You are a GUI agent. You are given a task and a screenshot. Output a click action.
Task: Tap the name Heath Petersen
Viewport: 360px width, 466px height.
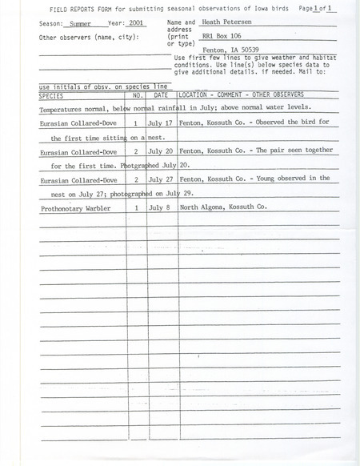218,24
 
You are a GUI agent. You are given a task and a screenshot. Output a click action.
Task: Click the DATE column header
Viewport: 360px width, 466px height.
161,94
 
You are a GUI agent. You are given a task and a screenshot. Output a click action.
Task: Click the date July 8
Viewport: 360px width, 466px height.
160,207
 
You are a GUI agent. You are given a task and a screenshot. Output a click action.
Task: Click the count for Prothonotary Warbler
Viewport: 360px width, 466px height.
137,207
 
